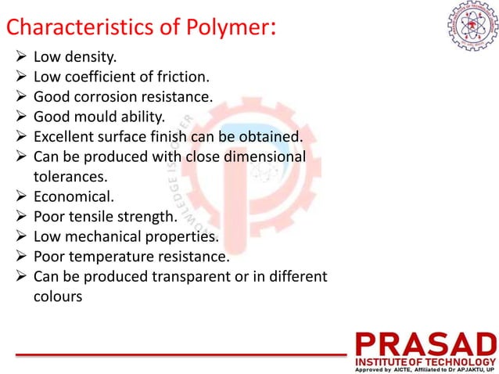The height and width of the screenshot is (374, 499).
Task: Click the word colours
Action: click(57, 297)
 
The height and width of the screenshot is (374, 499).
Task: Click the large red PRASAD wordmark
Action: click(426, 344)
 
